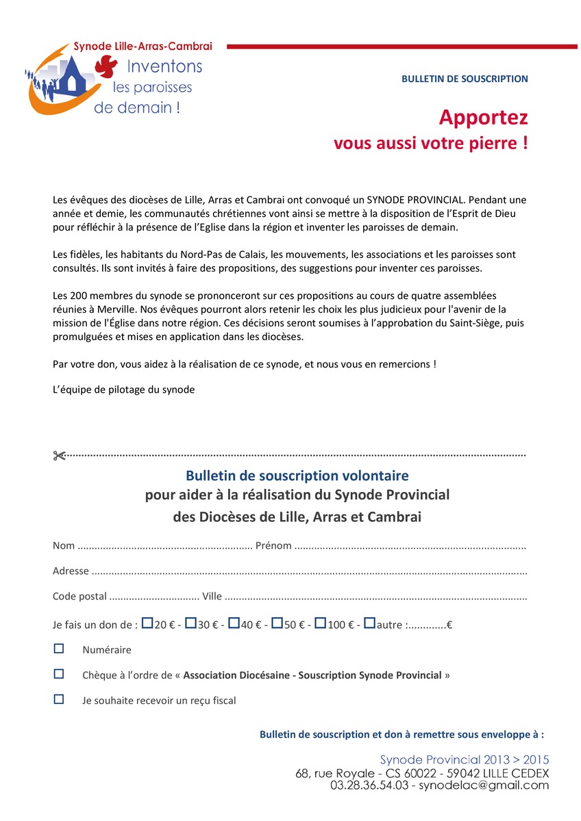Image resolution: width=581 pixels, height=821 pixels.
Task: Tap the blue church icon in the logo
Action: point(70,77)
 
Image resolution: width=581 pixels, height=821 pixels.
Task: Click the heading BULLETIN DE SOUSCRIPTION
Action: point(465,79)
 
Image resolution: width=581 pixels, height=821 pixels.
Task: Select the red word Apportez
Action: point(483,118)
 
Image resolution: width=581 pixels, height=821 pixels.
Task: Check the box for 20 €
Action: point(147,623)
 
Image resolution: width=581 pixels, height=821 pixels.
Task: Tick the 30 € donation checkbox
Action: point(191,623)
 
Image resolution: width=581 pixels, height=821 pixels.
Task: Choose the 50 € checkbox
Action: point(277,623)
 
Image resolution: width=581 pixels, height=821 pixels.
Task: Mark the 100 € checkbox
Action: point(321,623)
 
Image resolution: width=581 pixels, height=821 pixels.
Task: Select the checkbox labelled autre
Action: point(369,623)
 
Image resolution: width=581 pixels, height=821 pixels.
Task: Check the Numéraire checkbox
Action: point(59,648)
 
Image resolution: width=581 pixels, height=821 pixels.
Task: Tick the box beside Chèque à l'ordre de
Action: point(59,674)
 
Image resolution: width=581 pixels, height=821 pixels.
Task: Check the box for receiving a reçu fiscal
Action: point(59,699)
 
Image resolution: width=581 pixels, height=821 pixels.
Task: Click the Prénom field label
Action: point(273,546)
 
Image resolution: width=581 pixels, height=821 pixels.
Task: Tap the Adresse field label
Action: point(71,571)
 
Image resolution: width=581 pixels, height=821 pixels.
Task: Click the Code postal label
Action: point(79,597)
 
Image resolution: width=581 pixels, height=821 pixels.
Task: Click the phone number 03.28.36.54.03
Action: point(371,785)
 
